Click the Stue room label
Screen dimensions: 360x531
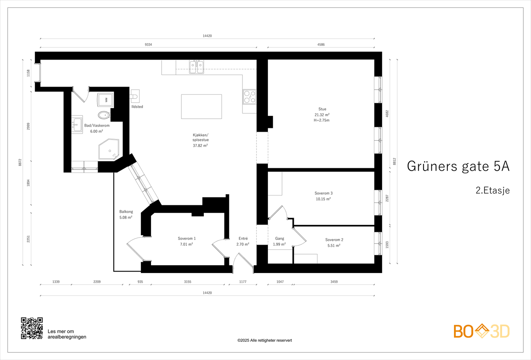tap(322, 109)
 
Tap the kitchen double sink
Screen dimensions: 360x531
tap(196, 67)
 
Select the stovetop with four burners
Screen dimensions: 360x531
tap(249, 97)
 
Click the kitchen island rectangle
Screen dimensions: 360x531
tap(201, 107)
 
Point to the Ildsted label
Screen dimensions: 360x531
tap(137, 107)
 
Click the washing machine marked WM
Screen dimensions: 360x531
tap(105, 100)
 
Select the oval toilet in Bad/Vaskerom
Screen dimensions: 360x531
tap(104, 115)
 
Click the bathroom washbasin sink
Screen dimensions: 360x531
tap(77, 125)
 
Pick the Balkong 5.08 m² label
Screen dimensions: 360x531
tap(126, 214)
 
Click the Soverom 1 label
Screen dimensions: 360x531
tap(187, 239)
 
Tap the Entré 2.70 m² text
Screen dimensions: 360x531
tap(243, 241)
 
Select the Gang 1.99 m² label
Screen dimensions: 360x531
tap(279, 241)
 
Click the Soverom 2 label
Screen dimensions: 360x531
tap(334, 240)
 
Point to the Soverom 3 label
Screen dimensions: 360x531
tap(323, 193)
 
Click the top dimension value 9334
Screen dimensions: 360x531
tap(148, 44)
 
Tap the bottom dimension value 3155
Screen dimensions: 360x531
tap(188, 282)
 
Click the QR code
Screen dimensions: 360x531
tap(32, 328)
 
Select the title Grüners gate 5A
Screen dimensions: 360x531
tap(458, 166)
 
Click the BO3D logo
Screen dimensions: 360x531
tap(481, 331)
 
